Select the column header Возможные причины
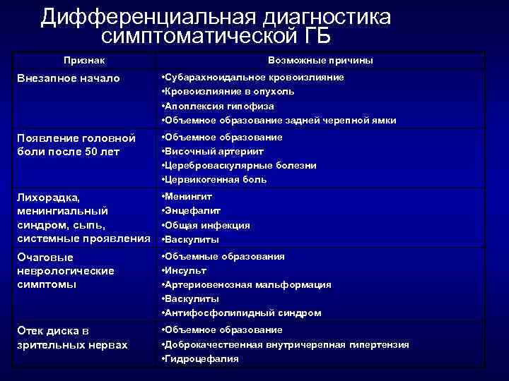[320, 61]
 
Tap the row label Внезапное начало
[69, 78]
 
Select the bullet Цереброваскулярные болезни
[241, 165]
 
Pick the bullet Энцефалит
[193, 210]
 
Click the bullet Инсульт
[186, 270]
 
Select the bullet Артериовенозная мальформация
[248, 284]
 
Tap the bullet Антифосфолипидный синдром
[243, 313]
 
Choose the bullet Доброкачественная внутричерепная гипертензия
[287, 344]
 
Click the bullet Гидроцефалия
[202, 358]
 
